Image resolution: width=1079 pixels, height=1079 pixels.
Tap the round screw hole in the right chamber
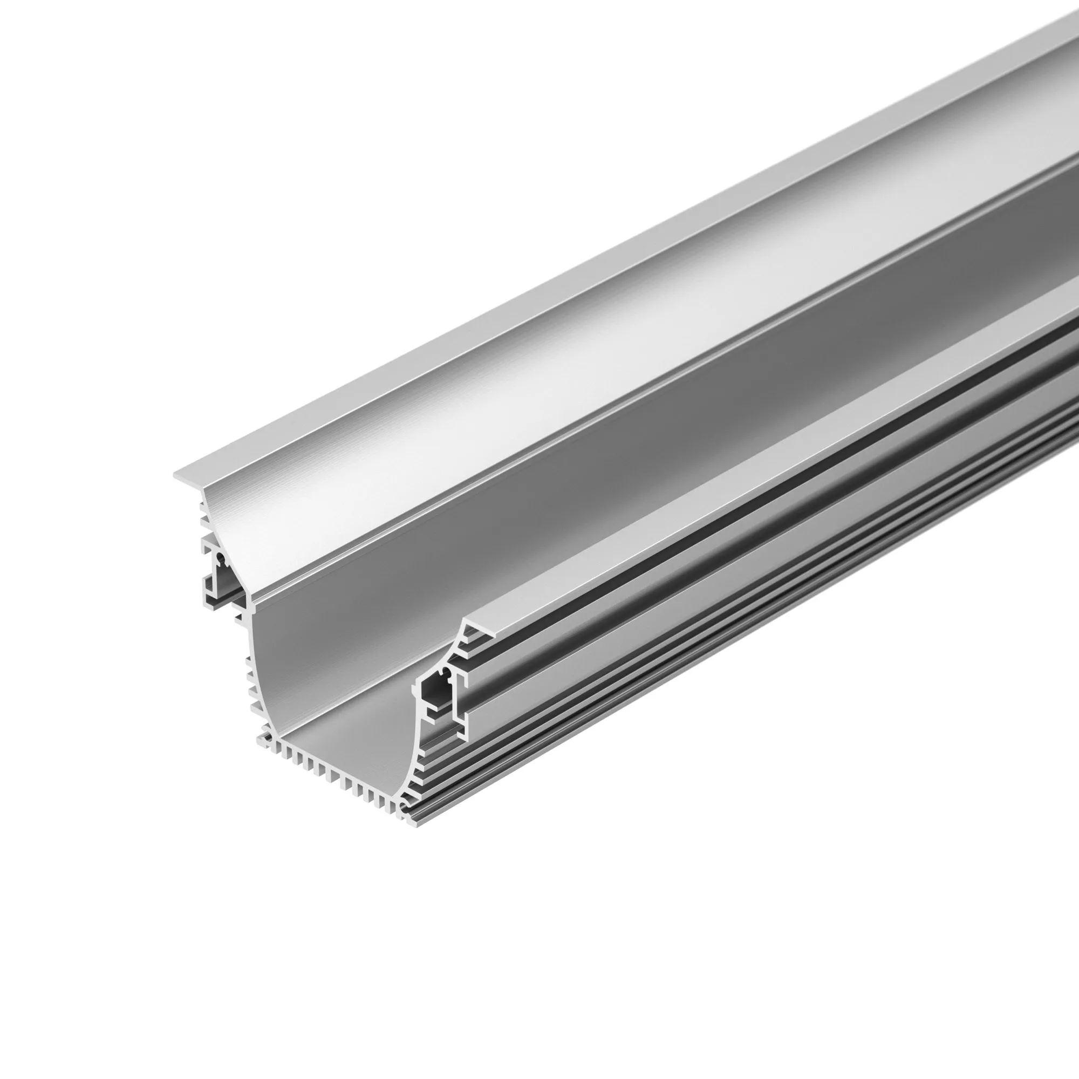[x=445, y=671]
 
